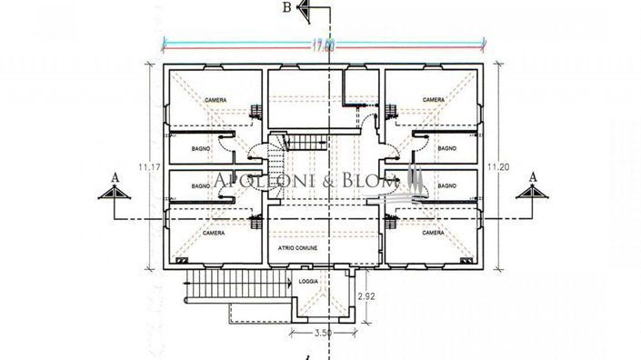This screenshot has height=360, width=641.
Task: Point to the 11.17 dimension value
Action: tap(137, 166)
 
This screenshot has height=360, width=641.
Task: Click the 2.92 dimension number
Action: tap(366, 296)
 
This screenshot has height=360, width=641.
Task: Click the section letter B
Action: tap(286, 10)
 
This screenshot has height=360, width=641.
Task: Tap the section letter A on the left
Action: tap(113, 175)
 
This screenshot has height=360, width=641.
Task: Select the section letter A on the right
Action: tap(534, 175)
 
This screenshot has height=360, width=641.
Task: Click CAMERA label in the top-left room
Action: tap(215, 100)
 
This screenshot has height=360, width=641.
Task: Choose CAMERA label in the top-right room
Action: tap(434, 100)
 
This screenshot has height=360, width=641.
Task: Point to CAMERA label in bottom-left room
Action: tap(214, 233)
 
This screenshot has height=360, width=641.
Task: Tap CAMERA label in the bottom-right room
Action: tap(434, 233)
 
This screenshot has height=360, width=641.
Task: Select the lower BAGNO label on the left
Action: tap(201, 185)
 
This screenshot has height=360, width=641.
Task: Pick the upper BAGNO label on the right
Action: tap(446, 147)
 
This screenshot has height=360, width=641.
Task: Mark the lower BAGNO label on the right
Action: tap(446, 185)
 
